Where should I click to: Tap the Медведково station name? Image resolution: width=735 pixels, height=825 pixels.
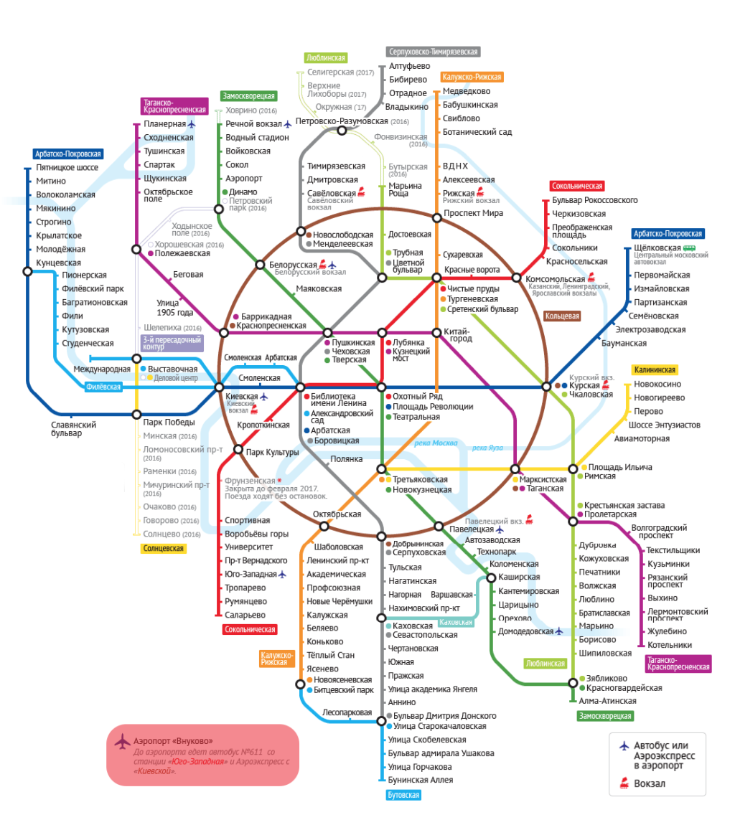[467, 91]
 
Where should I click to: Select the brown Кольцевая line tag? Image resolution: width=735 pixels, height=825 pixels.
[562, 315]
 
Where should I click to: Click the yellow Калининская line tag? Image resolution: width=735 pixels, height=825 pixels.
[655, 370]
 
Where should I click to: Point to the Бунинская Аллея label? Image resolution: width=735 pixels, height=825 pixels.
[420, 780]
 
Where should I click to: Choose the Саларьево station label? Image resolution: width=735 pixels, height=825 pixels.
[245, 615]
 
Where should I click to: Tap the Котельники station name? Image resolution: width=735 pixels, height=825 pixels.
[669, 644]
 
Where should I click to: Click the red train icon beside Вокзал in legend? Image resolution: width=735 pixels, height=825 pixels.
[624, 783]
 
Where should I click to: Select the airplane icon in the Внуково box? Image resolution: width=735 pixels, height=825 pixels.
[121, 741]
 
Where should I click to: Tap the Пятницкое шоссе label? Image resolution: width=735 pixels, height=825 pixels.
[67, 168]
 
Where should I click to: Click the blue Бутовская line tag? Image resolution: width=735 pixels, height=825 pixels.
[402, 795]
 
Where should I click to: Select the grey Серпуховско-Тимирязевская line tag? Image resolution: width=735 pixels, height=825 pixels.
[432, 52]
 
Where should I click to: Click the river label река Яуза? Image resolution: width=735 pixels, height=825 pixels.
[487, 448]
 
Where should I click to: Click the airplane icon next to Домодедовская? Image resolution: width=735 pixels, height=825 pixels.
[559, 631]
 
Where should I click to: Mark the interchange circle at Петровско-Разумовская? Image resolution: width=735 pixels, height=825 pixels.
[342, 131]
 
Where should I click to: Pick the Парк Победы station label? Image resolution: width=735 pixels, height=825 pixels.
[170, 422]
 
